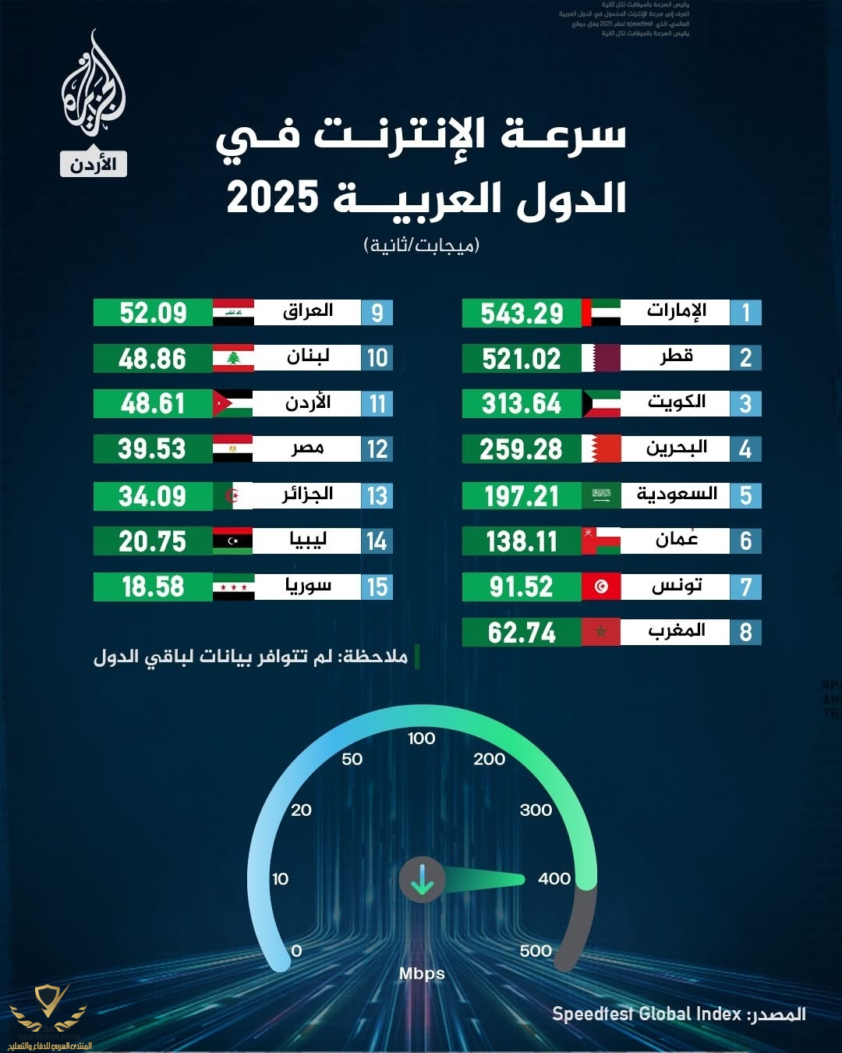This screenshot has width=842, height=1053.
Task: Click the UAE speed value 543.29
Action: pyautogui.click(x=522, y=314)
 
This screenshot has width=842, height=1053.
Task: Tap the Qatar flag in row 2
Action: pyautogui.click(x=601, y=359)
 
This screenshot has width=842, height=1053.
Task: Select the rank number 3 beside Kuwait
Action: pyautogui.click(x=745, y=404)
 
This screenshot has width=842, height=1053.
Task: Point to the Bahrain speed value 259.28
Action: pyautogui.click(x=521, y=449)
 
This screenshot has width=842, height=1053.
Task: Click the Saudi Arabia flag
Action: pyautogui.click(x=601, y=495)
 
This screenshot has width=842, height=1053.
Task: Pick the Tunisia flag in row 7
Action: pyautogui.click(x=601, y=587)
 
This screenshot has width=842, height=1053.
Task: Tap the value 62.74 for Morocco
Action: pyautogui.click(x=522, y=633)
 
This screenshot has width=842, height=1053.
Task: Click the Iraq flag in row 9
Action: pyautogui.click(x=233, y=313)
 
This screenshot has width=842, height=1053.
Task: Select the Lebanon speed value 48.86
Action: pyautogui.click(x=153, y=359)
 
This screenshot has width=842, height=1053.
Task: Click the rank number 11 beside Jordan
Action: pyautogui.click(x=377, y=404)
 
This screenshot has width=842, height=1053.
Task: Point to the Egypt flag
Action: pyautogui.click(x=233, y=449)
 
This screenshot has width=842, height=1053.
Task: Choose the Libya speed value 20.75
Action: pyautogui.click(x=153, y=541)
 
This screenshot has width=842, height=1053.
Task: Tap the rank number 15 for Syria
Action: pyautogui.click(x=377, y=587)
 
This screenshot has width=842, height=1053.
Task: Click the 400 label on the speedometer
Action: pyautogui.click(x=554, y=879)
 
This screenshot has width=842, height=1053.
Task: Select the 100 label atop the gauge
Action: pyautogui.click(x=421, y=739)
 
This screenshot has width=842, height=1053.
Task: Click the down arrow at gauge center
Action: pyautogui.click(x=422, y=880)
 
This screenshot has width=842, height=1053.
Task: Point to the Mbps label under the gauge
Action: pyautogui.click(x=422, y=973)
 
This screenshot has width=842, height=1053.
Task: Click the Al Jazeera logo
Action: pyautogui.click(x=94, y=86)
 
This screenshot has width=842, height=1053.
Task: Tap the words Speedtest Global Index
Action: pyautogui.click(x=646, y=1014)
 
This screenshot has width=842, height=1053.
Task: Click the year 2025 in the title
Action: pyautogui.click(x=273, y=197)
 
